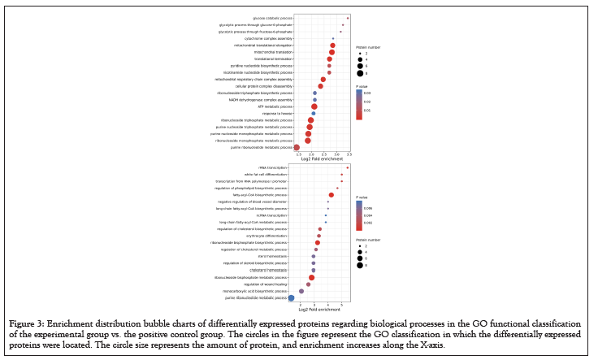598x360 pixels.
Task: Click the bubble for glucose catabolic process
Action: click(348, 18)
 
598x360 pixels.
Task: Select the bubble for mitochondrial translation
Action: click(331, 52)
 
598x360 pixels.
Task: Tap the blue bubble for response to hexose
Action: click(314, 113)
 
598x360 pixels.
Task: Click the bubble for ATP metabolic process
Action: click(314, 106)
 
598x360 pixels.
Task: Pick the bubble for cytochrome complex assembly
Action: click(333, 38)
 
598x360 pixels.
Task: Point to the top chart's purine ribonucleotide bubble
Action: click(297, 147)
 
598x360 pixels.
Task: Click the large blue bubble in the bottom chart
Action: click(292, 298)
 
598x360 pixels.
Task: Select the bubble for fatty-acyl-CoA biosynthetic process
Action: click(331, 195)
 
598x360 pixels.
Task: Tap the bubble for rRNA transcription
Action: click(348, 167)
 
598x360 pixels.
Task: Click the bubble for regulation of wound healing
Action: click(309, 284)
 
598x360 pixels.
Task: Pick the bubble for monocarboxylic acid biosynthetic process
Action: click(301, 291)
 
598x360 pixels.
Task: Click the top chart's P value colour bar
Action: click(358, 104)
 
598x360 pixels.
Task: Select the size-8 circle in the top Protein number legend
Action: click(358, 73)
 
